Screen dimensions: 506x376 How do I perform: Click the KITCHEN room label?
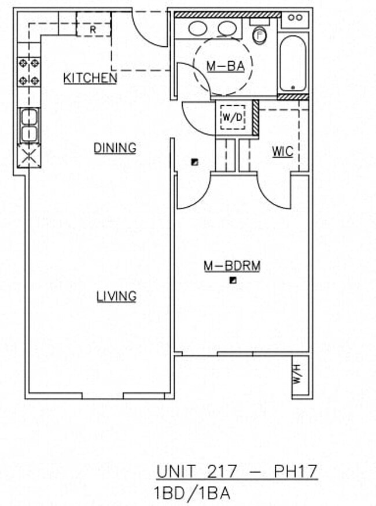tap(90, 78)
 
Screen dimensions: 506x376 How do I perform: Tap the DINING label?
tap(115, 148)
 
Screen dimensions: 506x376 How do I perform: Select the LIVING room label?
tap(116, 296)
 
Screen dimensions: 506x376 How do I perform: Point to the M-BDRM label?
tap(232, 266)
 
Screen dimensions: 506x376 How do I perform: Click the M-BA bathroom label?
tap(226, 66)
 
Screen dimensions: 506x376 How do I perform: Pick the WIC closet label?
tap(282, 152)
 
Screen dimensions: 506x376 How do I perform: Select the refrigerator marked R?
tap(93, 28)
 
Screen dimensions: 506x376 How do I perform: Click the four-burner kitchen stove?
tap(29, 72)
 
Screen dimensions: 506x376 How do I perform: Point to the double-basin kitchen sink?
tap(29, 125)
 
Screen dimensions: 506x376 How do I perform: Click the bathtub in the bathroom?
tap(293, 63)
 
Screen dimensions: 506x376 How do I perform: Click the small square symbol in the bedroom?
tap(233, 281)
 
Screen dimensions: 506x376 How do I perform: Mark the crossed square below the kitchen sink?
tap(28, 155)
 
